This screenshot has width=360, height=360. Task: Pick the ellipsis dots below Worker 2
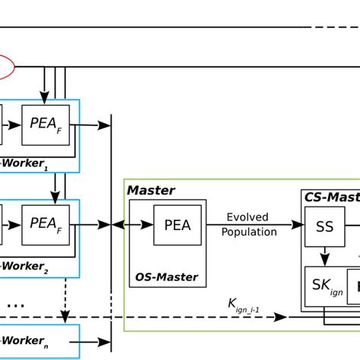(x=15, y=305)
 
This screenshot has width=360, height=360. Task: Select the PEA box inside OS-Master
(x=177, y=225)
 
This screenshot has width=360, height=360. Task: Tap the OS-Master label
(x=166, y=277)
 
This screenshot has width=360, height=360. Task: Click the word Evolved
(x=248, y=218)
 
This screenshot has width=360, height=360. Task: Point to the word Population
(x=249, y=232)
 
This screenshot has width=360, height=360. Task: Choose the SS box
(x=324, y=226)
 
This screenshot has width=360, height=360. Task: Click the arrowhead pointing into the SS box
(x=298, y=225)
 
